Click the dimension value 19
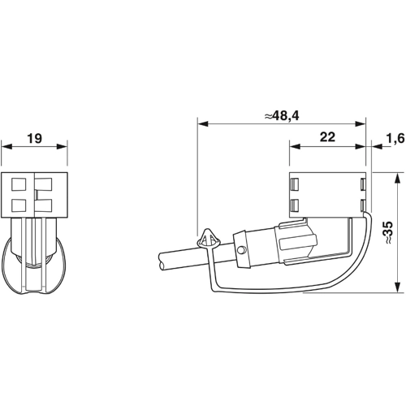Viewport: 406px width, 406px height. click(x=34, y=139)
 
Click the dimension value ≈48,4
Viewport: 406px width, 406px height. click(x=282, y=116)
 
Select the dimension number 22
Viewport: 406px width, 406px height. click(x=327, y=138)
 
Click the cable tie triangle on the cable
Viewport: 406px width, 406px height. click(x=208, y=239)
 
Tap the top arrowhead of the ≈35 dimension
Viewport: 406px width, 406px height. click(x=395, y=175)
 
